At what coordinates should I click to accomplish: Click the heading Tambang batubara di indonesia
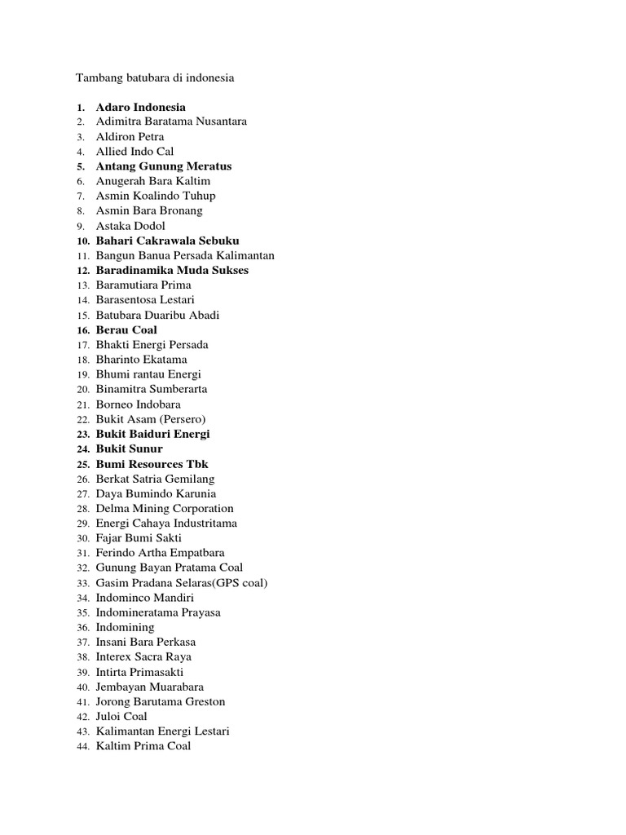click(x=155, y=78)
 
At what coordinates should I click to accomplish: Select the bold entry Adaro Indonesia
click(x=140, y=107)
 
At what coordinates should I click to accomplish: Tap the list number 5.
click(x=81, y=166)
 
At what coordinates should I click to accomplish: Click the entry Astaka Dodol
click(x=130, y=226)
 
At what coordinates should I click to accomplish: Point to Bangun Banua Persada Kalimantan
click(x=185, y=255)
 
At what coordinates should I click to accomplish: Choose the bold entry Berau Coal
click(x=126, y=330)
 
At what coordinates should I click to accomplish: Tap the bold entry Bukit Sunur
click(x=129, y=449)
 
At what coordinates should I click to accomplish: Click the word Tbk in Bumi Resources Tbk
click(x=198, y=464)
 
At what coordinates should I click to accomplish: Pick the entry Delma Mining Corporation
click(x=165, y=509)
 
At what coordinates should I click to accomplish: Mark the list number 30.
click(x=82, y=539)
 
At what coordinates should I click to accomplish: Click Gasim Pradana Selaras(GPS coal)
click(x=182, y=583)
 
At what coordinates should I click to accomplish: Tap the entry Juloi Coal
click(x=121, y=717)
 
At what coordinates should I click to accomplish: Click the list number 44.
click(x=82, y=746)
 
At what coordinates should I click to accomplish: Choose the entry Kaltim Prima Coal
click(x=143, y=746)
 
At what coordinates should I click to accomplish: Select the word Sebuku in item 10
click(x=218, y=241)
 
